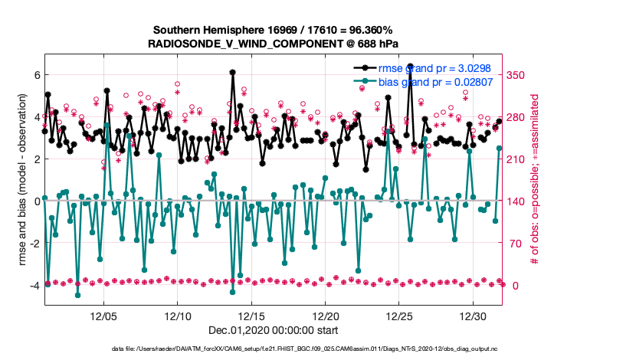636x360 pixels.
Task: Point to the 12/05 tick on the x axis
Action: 104,316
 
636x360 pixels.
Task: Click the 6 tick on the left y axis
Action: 36,75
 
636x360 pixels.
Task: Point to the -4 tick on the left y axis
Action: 34,286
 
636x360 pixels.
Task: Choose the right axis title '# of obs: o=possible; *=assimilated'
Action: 536,181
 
